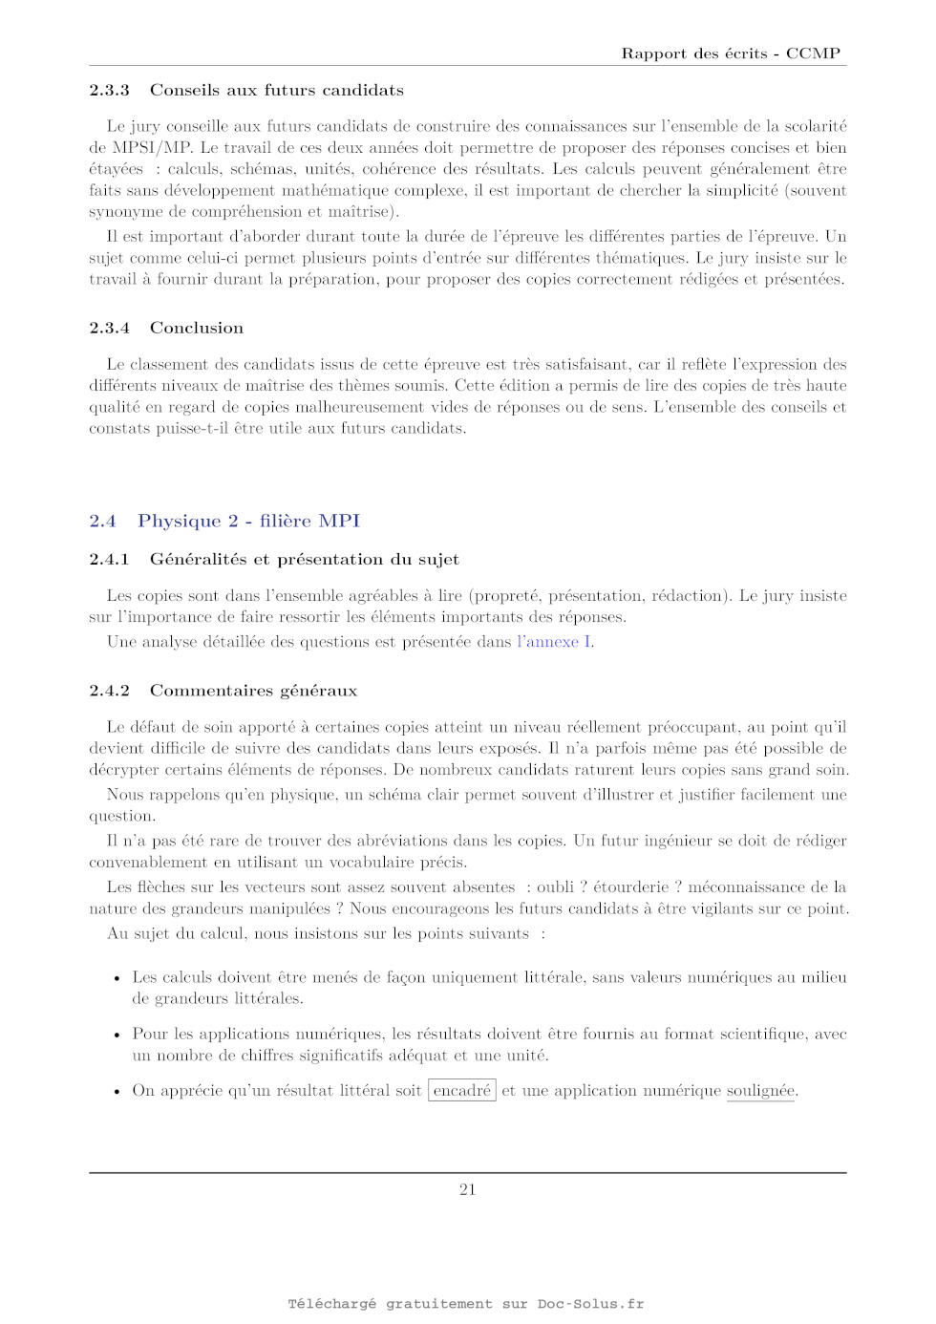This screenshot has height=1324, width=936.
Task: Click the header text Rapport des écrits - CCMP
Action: [x=731, y=53]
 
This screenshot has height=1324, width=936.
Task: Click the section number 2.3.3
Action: [x=109, y=90]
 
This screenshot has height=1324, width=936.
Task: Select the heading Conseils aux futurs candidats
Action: [x=276, y=90]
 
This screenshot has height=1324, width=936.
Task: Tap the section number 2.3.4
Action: [x=109, y=328]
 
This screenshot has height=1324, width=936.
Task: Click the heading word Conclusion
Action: [x=196, y=328]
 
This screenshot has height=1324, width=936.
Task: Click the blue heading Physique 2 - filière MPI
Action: [x=248, y=521]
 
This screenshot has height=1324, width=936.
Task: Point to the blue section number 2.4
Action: [x=102, y=521]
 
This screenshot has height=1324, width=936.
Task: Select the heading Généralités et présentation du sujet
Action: [x=304, y=559]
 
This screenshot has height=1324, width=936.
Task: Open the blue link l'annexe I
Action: [x=554, y=642]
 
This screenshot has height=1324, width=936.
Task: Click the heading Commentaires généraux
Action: [x=253, y=690]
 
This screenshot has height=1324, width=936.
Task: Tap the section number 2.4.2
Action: [x=109, y=690]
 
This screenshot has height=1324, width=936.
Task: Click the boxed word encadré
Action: [x=462, y=1090]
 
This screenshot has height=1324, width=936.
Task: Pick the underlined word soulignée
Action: [x=760, y=1090]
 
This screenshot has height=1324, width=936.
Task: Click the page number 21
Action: [x=467, y=1189]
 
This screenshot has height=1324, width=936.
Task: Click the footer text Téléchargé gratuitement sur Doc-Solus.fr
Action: [x=466, y=1303]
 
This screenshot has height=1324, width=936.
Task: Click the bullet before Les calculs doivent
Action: [x=117, y=978]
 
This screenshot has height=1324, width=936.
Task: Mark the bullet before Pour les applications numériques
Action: [x=117, y=1035]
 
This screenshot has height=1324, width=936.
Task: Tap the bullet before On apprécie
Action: [x=117, y=1091]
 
